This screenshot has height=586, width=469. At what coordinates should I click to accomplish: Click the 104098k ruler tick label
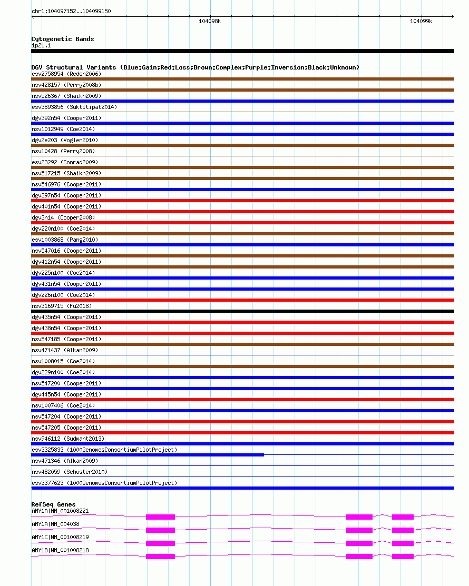[x=210, y=22]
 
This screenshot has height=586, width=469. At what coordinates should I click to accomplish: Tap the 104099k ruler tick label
[x=421, y=22]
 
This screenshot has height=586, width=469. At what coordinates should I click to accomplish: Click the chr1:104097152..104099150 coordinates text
[x=71, y=11]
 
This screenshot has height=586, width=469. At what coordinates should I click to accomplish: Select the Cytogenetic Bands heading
[x=63, y=39]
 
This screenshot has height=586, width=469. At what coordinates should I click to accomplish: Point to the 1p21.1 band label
[x=41, y=45]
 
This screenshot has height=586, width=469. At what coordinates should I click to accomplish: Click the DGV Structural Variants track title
[x=195, y=67]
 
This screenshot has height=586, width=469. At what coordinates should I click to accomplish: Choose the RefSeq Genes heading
[x=53, y=504]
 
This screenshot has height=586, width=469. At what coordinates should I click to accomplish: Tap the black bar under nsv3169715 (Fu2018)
[x=242, y=311]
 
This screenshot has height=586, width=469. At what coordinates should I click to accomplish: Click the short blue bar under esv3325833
[x=148, y=454]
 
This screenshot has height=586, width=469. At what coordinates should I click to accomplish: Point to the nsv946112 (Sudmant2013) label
[x=68, y=439]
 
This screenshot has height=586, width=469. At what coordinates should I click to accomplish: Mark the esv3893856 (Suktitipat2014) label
[x=74, y=107]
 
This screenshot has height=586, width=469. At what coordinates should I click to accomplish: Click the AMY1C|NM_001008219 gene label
[x=60, y=537]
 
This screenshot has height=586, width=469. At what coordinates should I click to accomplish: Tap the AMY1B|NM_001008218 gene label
[x=60, y=550]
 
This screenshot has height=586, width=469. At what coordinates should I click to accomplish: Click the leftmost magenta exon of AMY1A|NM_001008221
[x=160, y=517]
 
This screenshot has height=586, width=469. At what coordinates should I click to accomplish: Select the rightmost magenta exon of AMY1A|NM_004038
[x=403, y=530]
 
